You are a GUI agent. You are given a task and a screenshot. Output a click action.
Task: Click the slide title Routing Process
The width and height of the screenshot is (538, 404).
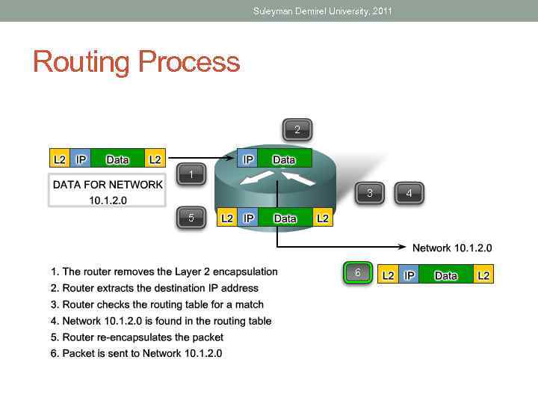pyautogui.click(x=136, y=61)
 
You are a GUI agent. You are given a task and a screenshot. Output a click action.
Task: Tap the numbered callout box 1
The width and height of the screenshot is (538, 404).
pyautogui.click(x=191, y=175)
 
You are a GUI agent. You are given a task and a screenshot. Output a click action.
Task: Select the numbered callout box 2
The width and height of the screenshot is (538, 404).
pyautogui.click(x=297, y=130)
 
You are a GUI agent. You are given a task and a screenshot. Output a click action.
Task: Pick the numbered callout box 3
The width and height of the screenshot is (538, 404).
pyautogui.click(x=369, y=193)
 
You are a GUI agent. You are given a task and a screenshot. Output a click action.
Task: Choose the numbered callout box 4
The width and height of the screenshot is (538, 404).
pyautogui.click(x=409, y=193)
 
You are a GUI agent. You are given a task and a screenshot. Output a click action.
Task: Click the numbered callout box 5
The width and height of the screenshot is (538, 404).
pyautogui.click(x=191, y=218)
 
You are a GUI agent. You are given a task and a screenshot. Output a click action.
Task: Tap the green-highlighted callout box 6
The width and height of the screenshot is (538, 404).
pyautogui.click(x=357, y=273)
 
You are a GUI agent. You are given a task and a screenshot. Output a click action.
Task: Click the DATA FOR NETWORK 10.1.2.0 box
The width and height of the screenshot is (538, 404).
pyautogui.click(x=107, y=192)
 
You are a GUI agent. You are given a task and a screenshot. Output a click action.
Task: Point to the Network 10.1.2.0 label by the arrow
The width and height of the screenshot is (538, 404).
pyautogui.click(x=452, y=248)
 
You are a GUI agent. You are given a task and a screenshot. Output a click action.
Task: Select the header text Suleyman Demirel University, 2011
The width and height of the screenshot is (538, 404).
pyautogui.click(x=322, y=11)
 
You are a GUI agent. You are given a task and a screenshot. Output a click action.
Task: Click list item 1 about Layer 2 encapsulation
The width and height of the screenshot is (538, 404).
pyautogui.click(x=164, y=272)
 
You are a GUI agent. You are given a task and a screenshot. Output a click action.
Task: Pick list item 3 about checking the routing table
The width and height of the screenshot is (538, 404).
pyautogui.click(x=157, y=304)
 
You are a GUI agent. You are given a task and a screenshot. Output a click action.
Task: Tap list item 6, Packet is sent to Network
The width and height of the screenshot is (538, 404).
pyautogui.click(x=136, y=353)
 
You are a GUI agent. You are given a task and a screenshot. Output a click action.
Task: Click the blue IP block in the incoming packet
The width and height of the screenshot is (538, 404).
pyautogui.click(x=81, y=159)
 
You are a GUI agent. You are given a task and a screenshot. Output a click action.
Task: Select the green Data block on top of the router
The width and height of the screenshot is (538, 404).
pyautogui.click(x=284, y=159)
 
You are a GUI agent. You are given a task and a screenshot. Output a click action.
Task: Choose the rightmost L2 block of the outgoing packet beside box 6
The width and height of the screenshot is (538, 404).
pyautogui.click(x=483, y=275)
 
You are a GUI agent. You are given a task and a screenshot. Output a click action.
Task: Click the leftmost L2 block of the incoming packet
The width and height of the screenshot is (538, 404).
pyautogui.click(x=59, y=159)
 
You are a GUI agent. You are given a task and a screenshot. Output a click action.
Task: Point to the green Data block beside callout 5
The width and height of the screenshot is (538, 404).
pyautogui.click(x=285, y=218)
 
